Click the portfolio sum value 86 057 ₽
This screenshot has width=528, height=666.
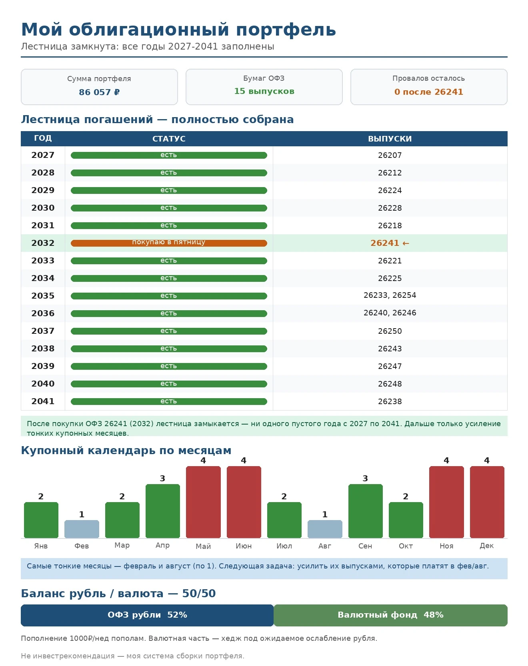point(99,92)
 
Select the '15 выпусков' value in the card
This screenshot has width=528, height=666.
point(264,91)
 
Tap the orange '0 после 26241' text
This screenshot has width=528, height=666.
point(429,92)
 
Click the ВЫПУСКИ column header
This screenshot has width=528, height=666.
point(390,139)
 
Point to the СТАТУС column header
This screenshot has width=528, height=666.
point(169,139)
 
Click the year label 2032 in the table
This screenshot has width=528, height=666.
point(43,243)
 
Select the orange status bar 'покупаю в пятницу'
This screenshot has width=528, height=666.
point(169,243)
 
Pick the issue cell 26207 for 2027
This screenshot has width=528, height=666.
point(390,155)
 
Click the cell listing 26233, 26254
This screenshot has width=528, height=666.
point(390,295)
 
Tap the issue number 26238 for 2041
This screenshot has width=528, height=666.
point(390,401)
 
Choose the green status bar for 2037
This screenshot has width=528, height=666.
point(169,331)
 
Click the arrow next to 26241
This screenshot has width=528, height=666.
point(406,243)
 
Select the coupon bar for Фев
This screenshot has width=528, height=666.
point(82,529)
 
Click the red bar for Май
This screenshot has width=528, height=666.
point(203,502)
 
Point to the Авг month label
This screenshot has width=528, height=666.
point(325,546)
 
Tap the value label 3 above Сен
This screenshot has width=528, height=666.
point(365,479)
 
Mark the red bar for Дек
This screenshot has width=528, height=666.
point(487,502)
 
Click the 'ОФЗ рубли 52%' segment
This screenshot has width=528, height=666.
point(147,615)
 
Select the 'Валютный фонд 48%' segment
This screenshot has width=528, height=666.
point(391,615)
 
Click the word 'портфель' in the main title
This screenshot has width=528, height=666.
point(286,30)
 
